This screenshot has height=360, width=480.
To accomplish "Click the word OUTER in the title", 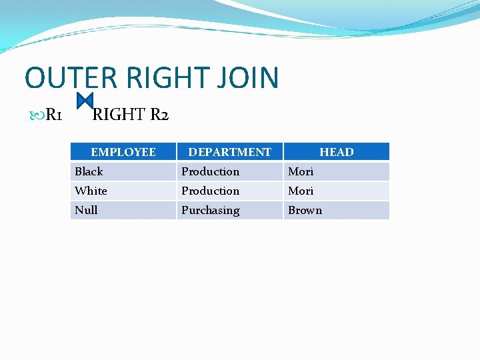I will [x=71, y=78].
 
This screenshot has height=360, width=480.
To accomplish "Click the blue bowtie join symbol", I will [x=85, y=101].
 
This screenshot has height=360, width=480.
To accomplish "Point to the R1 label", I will [x=54, y=115].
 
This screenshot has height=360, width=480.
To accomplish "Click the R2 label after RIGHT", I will [x=159, y=115].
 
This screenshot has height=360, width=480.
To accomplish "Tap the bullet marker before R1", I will [x=36, y=116].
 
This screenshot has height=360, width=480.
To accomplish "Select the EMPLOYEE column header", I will [x=123, y=152].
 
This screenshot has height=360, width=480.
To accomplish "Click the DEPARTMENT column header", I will [x=229, y=152].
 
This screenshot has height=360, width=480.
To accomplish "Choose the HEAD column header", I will [x=336, y=152].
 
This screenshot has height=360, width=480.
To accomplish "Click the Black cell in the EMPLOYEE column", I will [x=89, y=171].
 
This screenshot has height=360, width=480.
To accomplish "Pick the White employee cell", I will [x=91, y=191].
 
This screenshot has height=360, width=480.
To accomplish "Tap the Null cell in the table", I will [x=86, y=210].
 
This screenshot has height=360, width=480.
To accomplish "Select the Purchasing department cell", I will [x=210, y=210].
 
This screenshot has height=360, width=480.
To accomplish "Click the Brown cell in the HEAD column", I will [x=305, y=210].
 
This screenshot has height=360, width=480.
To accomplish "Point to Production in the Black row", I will [x=210, y=171].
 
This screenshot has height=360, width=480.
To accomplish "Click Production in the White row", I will [x=210, y=191].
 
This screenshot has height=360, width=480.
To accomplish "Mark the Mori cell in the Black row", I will [x=301, y=171].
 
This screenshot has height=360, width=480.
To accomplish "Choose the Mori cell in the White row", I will [x=301, y=191].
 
